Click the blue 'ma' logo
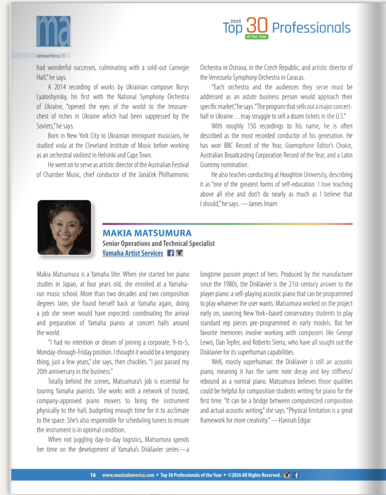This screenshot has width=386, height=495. pos(53,31)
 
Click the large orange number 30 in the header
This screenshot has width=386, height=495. pos(256,25)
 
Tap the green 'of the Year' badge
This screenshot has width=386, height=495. pos(257,37)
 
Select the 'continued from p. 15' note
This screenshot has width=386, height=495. pos(50,56)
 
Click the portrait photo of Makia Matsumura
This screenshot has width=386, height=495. pos(64,227)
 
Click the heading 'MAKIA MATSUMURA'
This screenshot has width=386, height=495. pos(140,233)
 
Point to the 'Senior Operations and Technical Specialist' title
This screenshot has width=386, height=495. pos(158,244)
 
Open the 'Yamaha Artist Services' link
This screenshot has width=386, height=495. pos(133,253)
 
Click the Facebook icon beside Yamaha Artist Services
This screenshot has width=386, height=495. pos(171,253)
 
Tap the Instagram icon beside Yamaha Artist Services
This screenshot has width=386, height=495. pos(179,253)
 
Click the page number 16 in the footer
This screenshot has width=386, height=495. pos(93,475)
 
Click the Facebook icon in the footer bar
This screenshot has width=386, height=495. pos(296,475)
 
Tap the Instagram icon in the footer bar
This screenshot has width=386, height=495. pos(287,475)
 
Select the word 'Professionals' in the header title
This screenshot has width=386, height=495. pos(311,28)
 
